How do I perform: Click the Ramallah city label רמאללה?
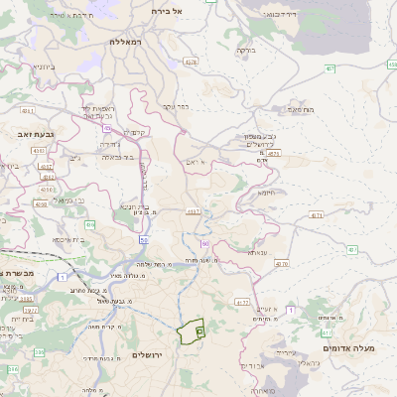click(x=128, y=43)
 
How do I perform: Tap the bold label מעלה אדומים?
click(x=348, y=348)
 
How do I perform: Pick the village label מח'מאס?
click(x=301, y=109)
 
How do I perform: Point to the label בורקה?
click(x=246, y=49)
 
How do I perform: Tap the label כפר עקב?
click(x=176, y=105)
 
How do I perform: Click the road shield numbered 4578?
click(x=191, y=62)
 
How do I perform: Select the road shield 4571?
click(x=275, y=154)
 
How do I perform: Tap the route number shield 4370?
click(x=282, y=264)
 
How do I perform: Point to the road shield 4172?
click(x=242, y=301)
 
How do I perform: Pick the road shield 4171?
click(x=317, y=214)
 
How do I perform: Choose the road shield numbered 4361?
click(x=28, y=111)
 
